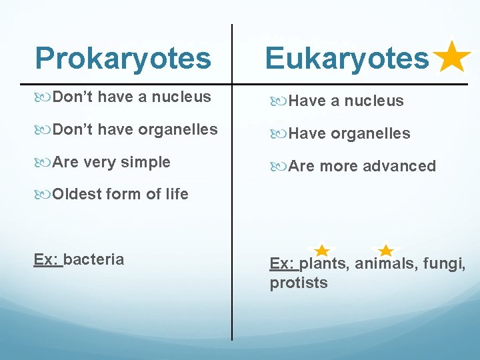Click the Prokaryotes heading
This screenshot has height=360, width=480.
[x=123, y=59]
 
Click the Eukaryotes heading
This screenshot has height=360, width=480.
[x=347, y=59]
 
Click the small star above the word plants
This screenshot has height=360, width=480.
[x=321, y=251]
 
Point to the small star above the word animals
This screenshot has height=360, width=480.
[x=385, y=251]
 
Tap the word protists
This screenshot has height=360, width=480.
[x=299, y=283]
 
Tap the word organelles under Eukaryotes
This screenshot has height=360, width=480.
[x=370, y=133]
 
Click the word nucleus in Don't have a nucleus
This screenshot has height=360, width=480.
[x=181, y=97]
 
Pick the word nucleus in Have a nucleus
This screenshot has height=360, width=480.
[x=374, y=101]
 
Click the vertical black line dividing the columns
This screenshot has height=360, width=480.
[x=232, y=200]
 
